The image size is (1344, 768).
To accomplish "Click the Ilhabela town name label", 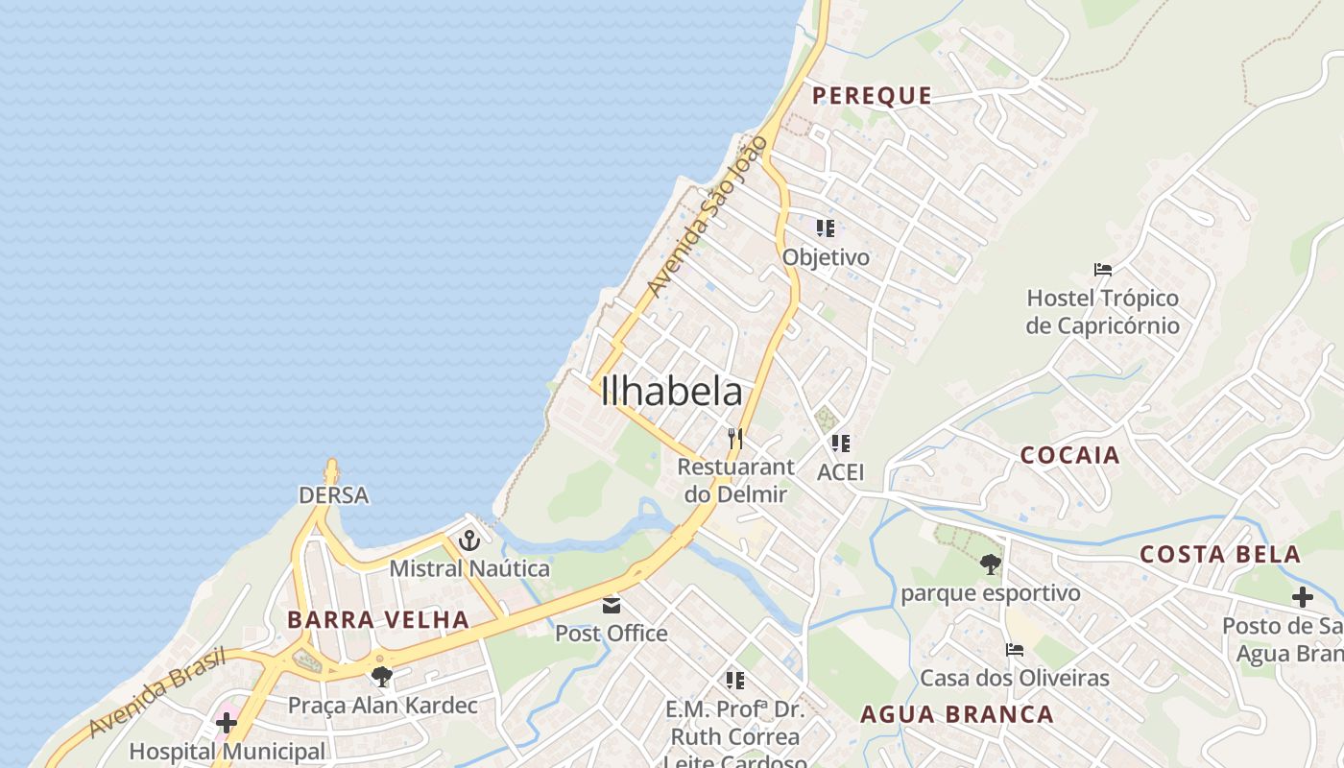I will (671, 392).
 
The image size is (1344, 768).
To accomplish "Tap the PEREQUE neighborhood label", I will (872, 95).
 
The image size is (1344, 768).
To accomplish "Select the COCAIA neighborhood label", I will (1069, 455).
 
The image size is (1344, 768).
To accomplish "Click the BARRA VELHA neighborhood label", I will (378, 619).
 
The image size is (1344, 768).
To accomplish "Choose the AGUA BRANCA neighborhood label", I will (956, 714).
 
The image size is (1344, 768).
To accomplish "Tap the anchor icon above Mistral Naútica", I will (468, 540).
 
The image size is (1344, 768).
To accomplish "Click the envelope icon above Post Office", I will (611, 605).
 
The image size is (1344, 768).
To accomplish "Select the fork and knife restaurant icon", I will (735, 438).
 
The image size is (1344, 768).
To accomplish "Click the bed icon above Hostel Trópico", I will (1102, 270).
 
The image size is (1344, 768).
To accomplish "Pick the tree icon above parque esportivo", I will (990, 564).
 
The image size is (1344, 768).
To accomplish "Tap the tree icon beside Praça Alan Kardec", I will (382, 676).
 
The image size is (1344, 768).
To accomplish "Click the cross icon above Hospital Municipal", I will (227, 722).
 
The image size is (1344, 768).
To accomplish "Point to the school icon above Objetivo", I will (826, 228).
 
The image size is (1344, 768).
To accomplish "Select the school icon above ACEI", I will (841, 444).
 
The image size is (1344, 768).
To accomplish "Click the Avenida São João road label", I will (708, 217).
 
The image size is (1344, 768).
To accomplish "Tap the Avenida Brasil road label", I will (157, 692).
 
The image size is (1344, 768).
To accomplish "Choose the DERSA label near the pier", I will (333, 495).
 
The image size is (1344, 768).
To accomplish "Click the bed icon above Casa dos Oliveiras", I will (1014, 650).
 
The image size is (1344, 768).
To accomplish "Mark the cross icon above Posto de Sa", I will (1302, 597).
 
